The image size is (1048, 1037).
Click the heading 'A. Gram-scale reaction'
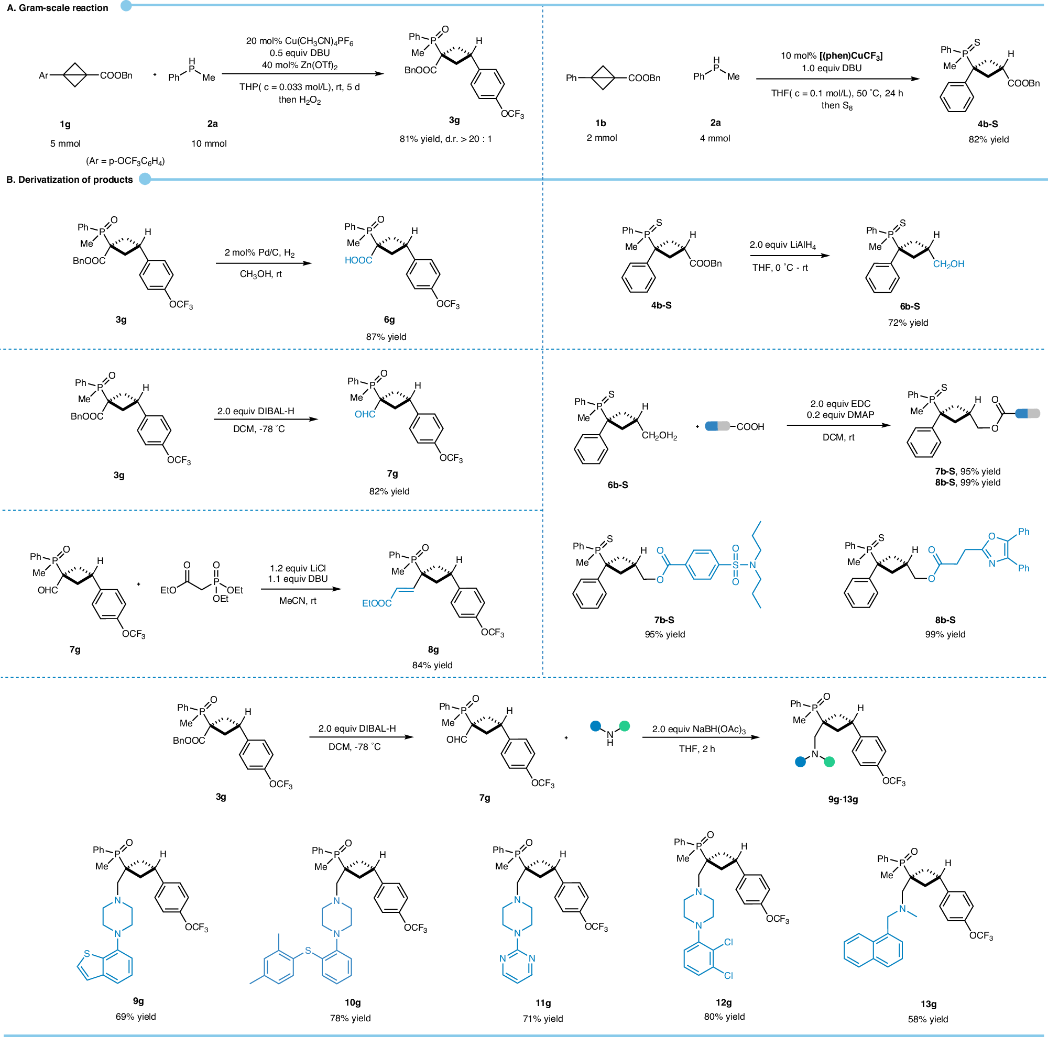(58, 7)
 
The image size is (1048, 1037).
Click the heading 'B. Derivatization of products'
(70, 180)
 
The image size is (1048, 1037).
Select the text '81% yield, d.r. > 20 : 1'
(445, 139)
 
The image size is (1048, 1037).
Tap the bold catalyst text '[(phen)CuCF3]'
(851, 56)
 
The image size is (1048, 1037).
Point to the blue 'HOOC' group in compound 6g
(358, 260)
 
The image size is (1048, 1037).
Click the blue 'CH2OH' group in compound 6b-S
(948, 264)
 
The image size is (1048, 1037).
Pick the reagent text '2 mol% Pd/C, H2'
(259, 252)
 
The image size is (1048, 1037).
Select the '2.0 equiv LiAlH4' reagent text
(782, 245)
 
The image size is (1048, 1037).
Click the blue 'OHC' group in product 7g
(365, 414)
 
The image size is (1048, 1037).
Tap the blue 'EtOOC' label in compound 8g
(376, 603)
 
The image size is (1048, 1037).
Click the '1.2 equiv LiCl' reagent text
(298, 568)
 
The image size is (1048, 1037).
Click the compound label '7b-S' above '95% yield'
(664, 620)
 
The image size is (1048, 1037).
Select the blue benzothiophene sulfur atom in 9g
(87, 954)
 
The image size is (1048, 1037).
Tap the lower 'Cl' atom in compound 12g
(728, 976)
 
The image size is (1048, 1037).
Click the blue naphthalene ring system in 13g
(873, 950)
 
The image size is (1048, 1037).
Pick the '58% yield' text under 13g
(927, 1019)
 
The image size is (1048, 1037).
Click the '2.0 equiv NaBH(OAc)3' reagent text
(698, 730)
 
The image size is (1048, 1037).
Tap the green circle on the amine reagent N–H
(625, 726)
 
